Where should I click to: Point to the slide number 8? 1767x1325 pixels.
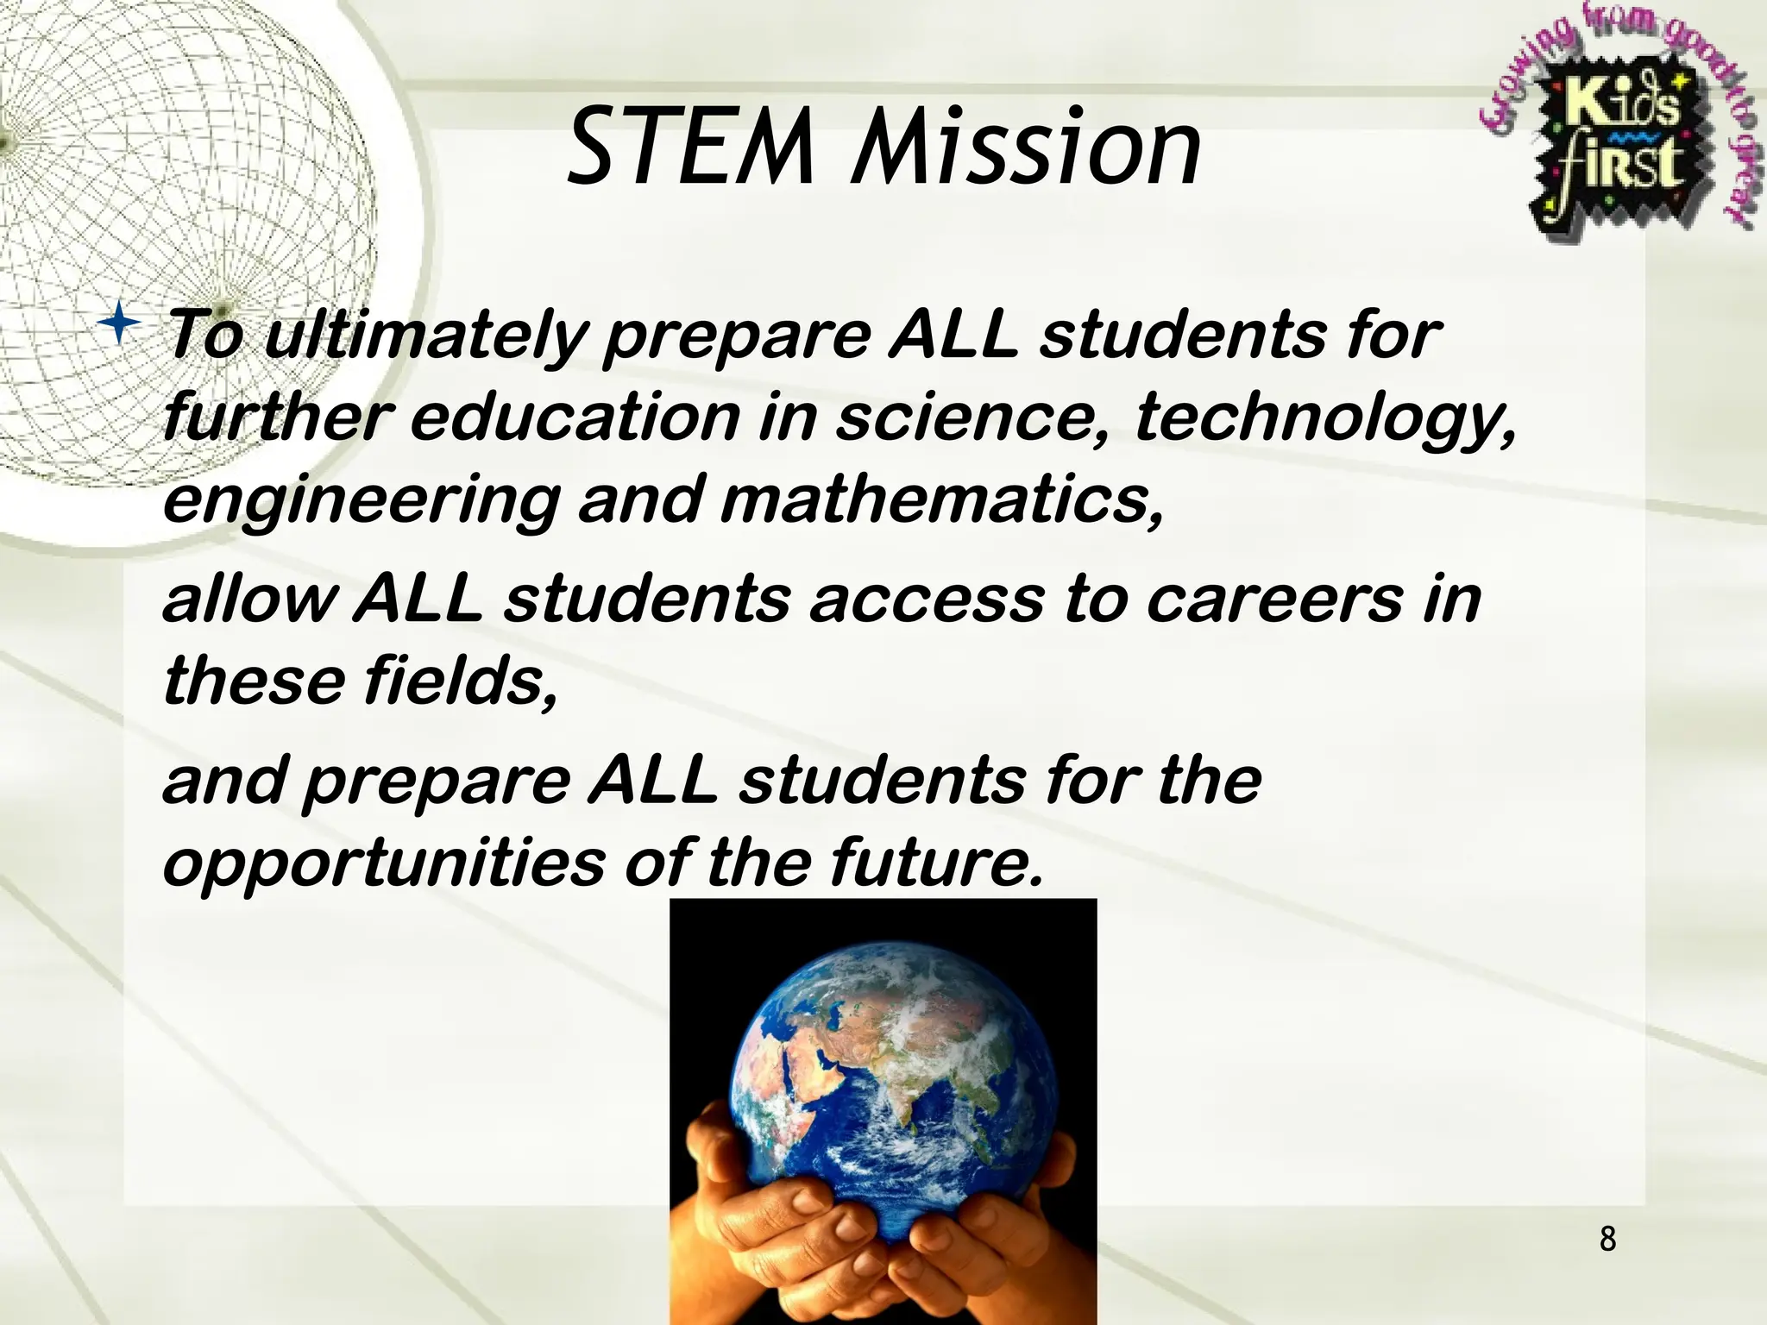(1607, 1240)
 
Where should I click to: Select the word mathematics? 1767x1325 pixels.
(940, 500)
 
